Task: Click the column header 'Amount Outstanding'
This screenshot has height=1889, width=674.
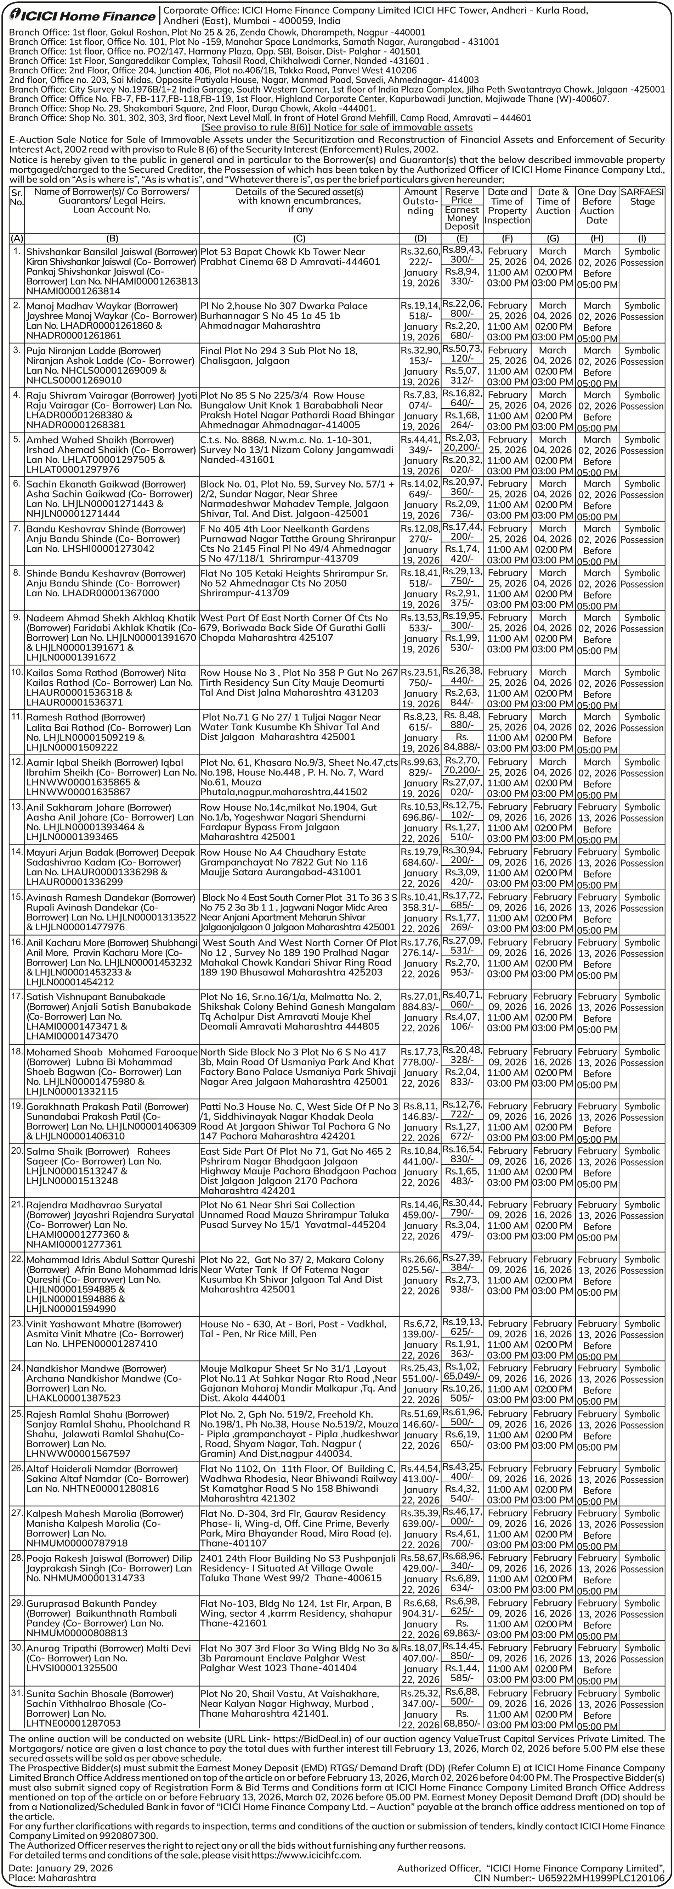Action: coord(420,201)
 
